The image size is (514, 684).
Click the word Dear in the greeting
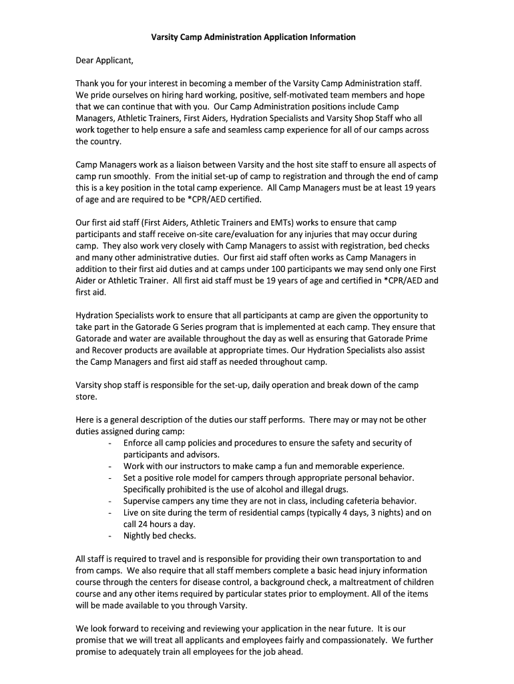coord(85,61)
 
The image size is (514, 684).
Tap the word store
coord(86,397)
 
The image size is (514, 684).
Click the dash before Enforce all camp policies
coord(109,444)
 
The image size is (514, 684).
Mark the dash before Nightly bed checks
coord(109,536)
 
